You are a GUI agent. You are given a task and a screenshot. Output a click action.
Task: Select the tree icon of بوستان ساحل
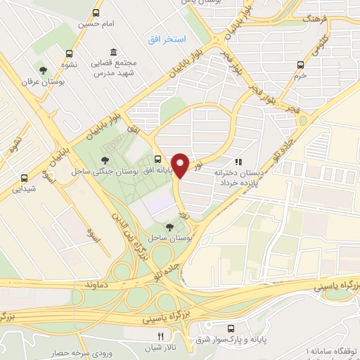coord(169,226)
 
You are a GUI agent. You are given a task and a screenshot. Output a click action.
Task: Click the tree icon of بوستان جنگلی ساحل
coord(105,159)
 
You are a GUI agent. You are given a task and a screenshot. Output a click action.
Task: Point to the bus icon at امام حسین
coord(96,13)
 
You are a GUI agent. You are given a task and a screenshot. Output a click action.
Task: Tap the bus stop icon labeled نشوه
coord(68,53)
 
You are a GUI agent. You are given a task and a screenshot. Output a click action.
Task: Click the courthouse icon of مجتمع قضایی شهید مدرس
coord(114,53)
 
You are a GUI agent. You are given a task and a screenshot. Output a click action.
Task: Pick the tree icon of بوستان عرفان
coord(44,70)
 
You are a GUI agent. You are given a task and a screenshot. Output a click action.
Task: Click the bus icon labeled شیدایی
coord(25,178)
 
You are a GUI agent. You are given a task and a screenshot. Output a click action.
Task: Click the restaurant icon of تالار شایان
coord(160,336)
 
